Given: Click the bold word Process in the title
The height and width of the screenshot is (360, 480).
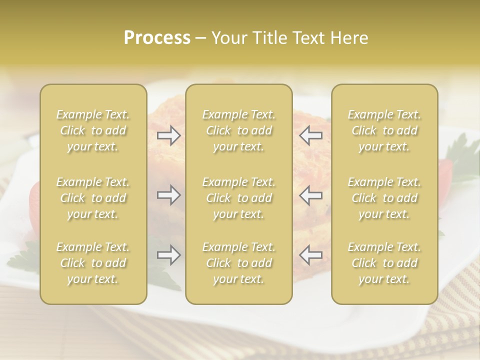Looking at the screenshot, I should (157, 38).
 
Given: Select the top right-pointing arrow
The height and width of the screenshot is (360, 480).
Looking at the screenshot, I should (168, 135).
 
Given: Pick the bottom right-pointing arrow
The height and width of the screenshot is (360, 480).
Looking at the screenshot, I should (168, 255).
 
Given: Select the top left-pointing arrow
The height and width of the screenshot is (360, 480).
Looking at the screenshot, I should (311, 135).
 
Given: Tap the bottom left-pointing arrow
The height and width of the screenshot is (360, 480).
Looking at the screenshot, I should (311, 255).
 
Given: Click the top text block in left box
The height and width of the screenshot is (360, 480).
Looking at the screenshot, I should (93, 130).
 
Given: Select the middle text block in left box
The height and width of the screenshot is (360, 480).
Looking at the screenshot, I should (93, 198).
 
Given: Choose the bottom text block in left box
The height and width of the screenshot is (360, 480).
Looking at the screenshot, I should (93, 263).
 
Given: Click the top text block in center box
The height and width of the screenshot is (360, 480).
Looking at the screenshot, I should (238, 130).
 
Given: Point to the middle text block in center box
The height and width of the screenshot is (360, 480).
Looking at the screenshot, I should (238, 198).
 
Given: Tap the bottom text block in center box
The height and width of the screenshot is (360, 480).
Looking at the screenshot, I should (238, 263).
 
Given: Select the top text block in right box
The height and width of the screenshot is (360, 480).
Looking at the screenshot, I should (384, 130).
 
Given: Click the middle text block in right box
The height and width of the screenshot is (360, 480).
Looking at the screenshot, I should (384, 198).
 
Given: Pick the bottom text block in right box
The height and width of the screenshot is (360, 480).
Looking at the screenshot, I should (384, 263).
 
